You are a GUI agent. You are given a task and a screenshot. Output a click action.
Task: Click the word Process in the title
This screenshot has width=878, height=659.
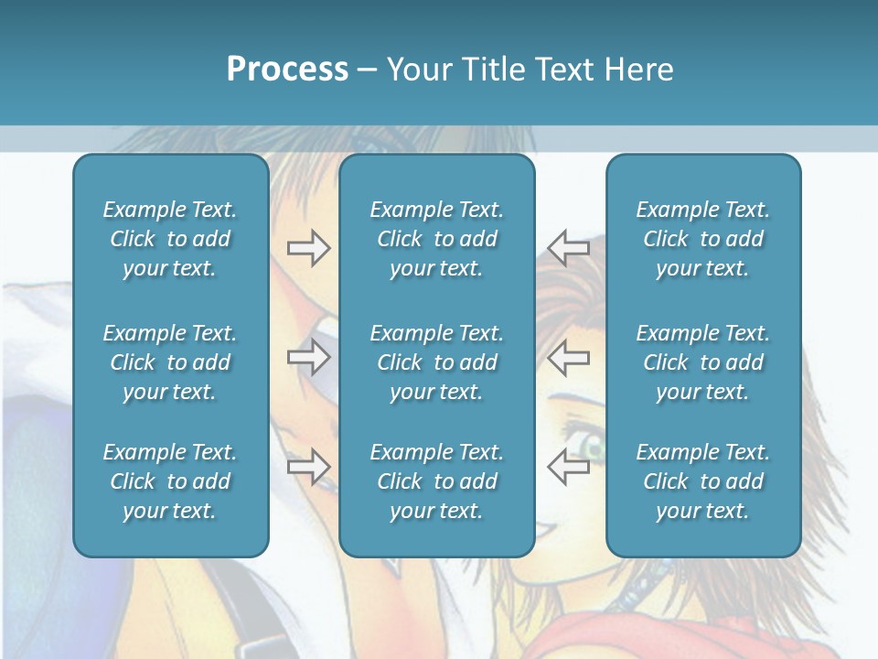point(287,70)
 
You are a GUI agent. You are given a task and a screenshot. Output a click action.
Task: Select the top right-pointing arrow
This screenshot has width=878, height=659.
point(309,248)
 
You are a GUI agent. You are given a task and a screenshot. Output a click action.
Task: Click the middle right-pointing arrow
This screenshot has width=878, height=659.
point(309,357)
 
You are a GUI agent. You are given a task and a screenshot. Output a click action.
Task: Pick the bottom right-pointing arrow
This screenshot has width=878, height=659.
point(309,467)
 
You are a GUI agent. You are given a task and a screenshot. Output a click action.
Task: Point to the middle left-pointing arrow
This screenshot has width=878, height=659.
point(568,357)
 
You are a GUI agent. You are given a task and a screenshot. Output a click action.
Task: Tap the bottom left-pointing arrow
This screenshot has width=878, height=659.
point(568,467)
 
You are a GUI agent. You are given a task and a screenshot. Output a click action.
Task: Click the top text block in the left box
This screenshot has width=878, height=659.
point(170,239)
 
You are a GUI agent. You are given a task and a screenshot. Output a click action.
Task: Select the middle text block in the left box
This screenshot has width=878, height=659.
point(170,362)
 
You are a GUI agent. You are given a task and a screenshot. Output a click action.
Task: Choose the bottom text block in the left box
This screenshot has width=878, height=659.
point(170,481)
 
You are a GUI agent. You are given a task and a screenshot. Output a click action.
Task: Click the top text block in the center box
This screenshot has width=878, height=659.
point(436,239)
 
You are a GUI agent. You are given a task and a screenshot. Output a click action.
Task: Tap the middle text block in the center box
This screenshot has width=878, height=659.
point(436,362)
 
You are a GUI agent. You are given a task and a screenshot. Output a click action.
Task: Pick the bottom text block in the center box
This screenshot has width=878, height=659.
point(436,481)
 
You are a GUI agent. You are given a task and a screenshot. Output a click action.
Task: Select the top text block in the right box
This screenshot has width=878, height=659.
point(702,239)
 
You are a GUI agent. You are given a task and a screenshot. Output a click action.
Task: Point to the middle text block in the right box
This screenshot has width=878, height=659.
point(702,362)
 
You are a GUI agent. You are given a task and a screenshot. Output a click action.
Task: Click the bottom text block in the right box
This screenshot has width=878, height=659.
point(702,481)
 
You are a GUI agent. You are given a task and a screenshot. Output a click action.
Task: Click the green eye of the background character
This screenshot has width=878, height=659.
point(594,448)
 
